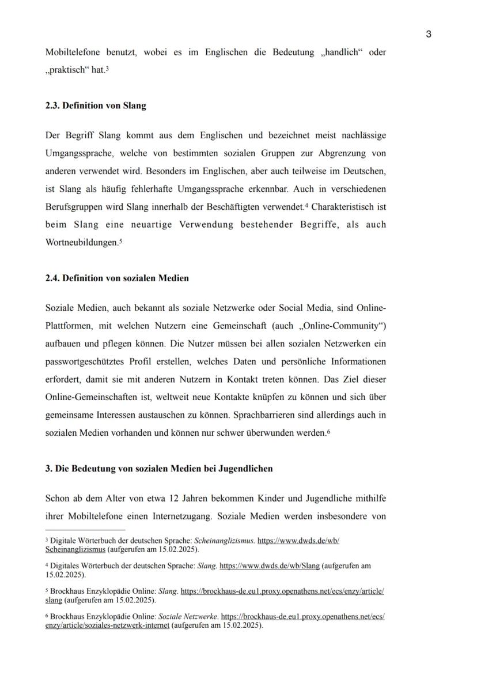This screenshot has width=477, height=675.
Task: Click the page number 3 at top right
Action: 429,34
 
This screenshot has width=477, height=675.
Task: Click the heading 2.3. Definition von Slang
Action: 96,105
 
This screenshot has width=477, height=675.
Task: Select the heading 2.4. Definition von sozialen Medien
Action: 117,278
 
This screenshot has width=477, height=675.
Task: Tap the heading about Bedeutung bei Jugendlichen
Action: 159,469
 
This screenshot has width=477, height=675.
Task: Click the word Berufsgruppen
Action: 74,206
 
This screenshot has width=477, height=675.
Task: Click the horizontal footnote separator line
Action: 85,530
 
